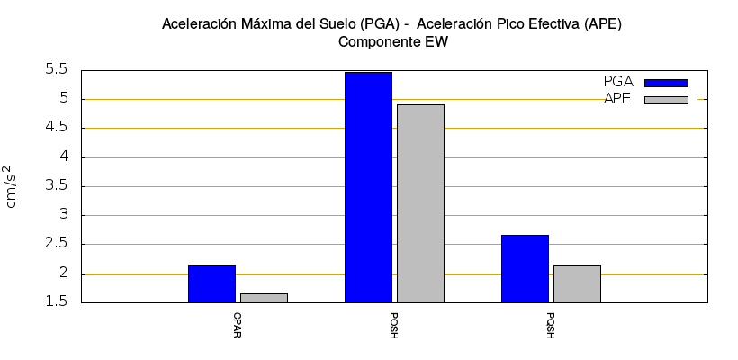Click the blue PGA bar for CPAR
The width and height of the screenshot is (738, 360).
(211, 283)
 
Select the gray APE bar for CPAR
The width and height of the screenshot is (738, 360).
(264, 298)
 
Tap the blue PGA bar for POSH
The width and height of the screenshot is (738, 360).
(368, 187)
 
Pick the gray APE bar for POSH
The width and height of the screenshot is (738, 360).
(420, 203)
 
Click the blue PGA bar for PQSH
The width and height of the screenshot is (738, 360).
(525, 268)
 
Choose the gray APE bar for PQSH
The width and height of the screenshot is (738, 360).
(577, 283)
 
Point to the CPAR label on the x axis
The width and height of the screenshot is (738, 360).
(237, 324)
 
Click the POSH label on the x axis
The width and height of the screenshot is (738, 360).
(393, 325)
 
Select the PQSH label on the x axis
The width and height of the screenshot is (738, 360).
(550, 325)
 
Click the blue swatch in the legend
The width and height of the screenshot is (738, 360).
(666, 83)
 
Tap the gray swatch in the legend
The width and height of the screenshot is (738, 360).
(666, 100)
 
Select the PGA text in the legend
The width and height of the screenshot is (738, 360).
(618, 82)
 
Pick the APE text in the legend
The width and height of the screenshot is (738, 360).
(617, 99)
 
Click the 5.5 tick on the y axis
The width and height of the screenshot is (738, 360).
(57, 69)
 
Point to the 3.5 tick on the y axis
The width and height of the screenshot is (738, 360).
(57, 186)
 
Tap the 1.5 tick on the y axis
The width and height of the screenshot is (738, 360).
(57, 302)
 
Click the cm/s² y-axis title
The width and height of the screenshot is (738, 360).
(11, 186)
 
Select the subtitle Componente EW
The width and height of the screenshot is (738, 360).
(392, 41)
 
